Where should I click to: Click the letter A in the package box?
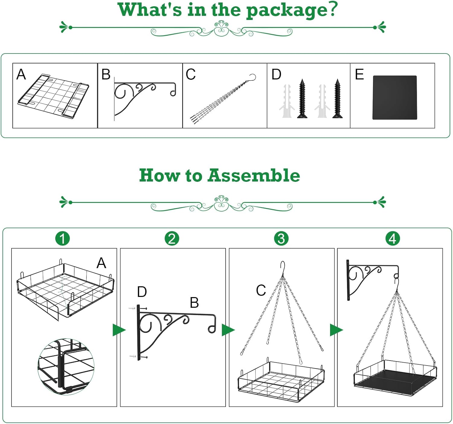click(x=21, y=74)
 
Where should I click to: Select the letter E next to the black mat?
click(x=359, y=74)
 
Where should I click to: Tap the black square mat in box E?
click(x=395, y=97)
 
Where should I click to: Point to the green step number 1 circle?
click(x=63, y=239)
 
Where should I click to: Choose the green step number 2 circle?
click(x=172, y=239)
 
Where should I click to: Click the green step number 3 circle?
click(x=281, y=239)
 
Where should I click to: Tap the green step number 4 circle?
click(x=393, y=239)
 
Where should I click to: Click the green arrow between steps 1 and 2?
click(x=119, y=330)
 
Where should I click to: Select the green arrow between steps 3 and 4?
click(x=336, y=330)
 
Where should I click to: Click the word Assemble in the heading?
click(x=254, y=175)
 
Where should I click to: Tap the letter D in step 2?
click(x=142, y=292)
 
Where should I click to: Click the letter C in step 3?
click(x=261, y=291)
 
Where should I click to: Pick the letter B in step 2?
click(x=194, y=303)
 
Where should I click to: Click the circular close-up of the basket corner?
click(x=66, y=366)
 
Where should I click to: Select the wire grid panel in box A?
click(x=53, y=95)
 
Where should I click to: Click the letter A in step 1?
click(x=101, y=263)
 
